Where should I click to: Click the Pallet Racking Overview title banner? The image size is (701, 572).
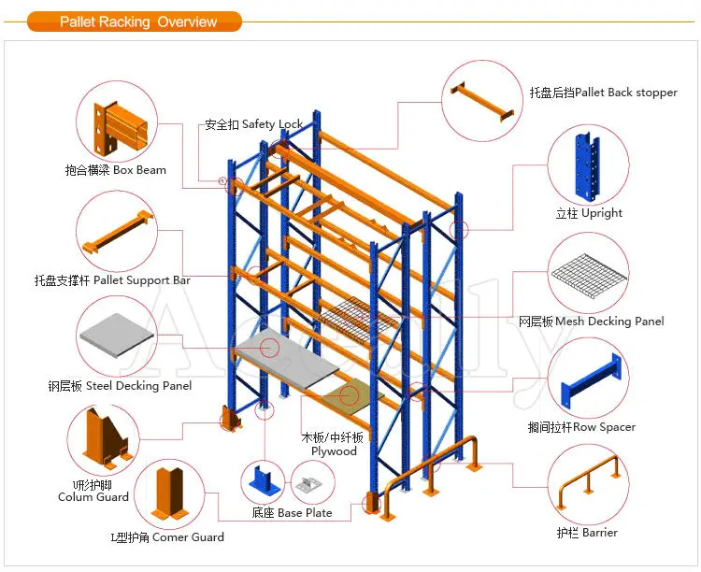135,21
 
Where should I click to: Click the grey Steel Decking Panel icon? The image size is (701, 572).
117,335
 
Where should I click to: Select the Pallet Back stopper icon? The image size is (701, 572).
482,101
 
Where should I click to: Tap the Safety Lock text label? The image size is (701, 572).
254,124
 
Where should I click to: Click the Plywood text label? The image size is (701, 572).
334,450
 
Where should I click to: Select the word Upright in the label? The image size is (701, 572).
601,213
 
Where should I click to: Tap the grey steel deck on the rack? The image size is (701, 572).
286,355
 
